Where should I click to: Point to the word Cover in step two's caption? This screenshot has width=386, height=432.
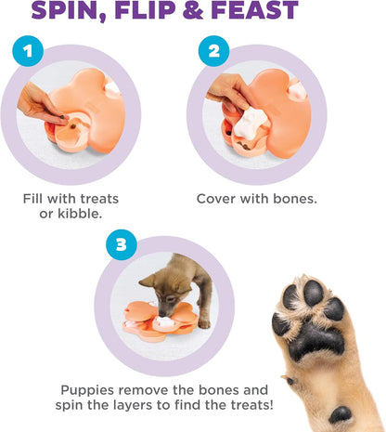[216, 198]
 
